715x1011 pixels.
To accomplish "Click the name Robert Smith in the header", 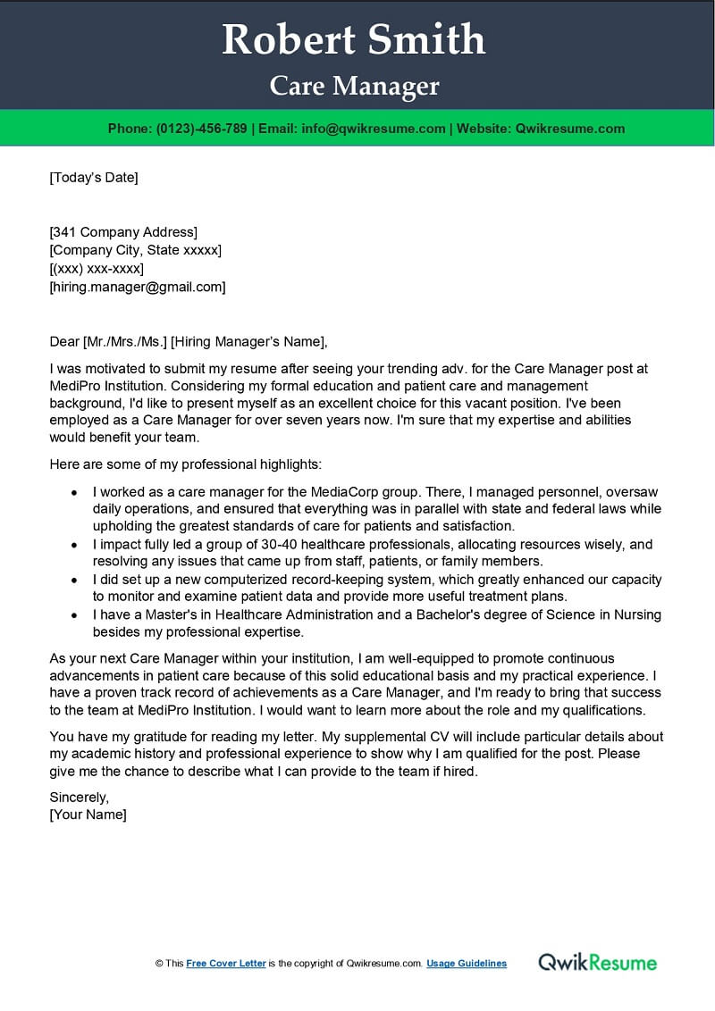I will [x=354, y=40].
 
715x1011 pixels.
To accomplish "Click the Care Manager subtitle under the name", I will [x=355, y=86].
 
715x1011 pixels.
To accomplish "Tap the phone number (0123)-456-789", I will [x=201, y=129].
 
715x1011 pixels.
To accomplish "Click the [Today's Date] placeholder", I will [x=94, y=177].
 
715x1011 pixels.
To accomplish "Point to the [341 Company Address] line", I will [x=123, y=232].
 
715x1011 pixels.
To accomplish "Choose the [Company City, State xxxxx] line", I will [x=135, y=250].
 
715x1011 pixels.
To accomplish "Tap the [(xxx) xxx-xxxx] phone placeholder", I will [x=97, y=269].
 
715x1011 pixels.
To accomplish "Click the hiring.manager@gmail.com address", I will [x=138, y=287].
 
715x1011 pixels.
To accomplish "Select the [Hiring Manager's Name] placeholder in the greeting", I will [x=248, y=340].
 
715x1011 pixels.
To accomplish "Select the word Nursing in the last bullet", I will [x=626, y=615].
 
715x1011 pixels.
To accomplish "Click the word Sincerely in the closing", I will [x=78, y=797].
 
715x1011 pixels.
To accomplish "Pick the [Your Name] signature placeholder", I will [x=88, y=815].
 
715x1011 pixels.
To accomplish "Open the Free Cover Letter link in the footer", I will [x=226, y=964].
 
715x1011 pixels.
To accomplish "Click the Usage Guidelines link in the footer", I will [x=467, y=964].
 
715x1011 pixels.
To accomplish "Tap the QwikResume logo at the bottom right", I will [x=597, y=962].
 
